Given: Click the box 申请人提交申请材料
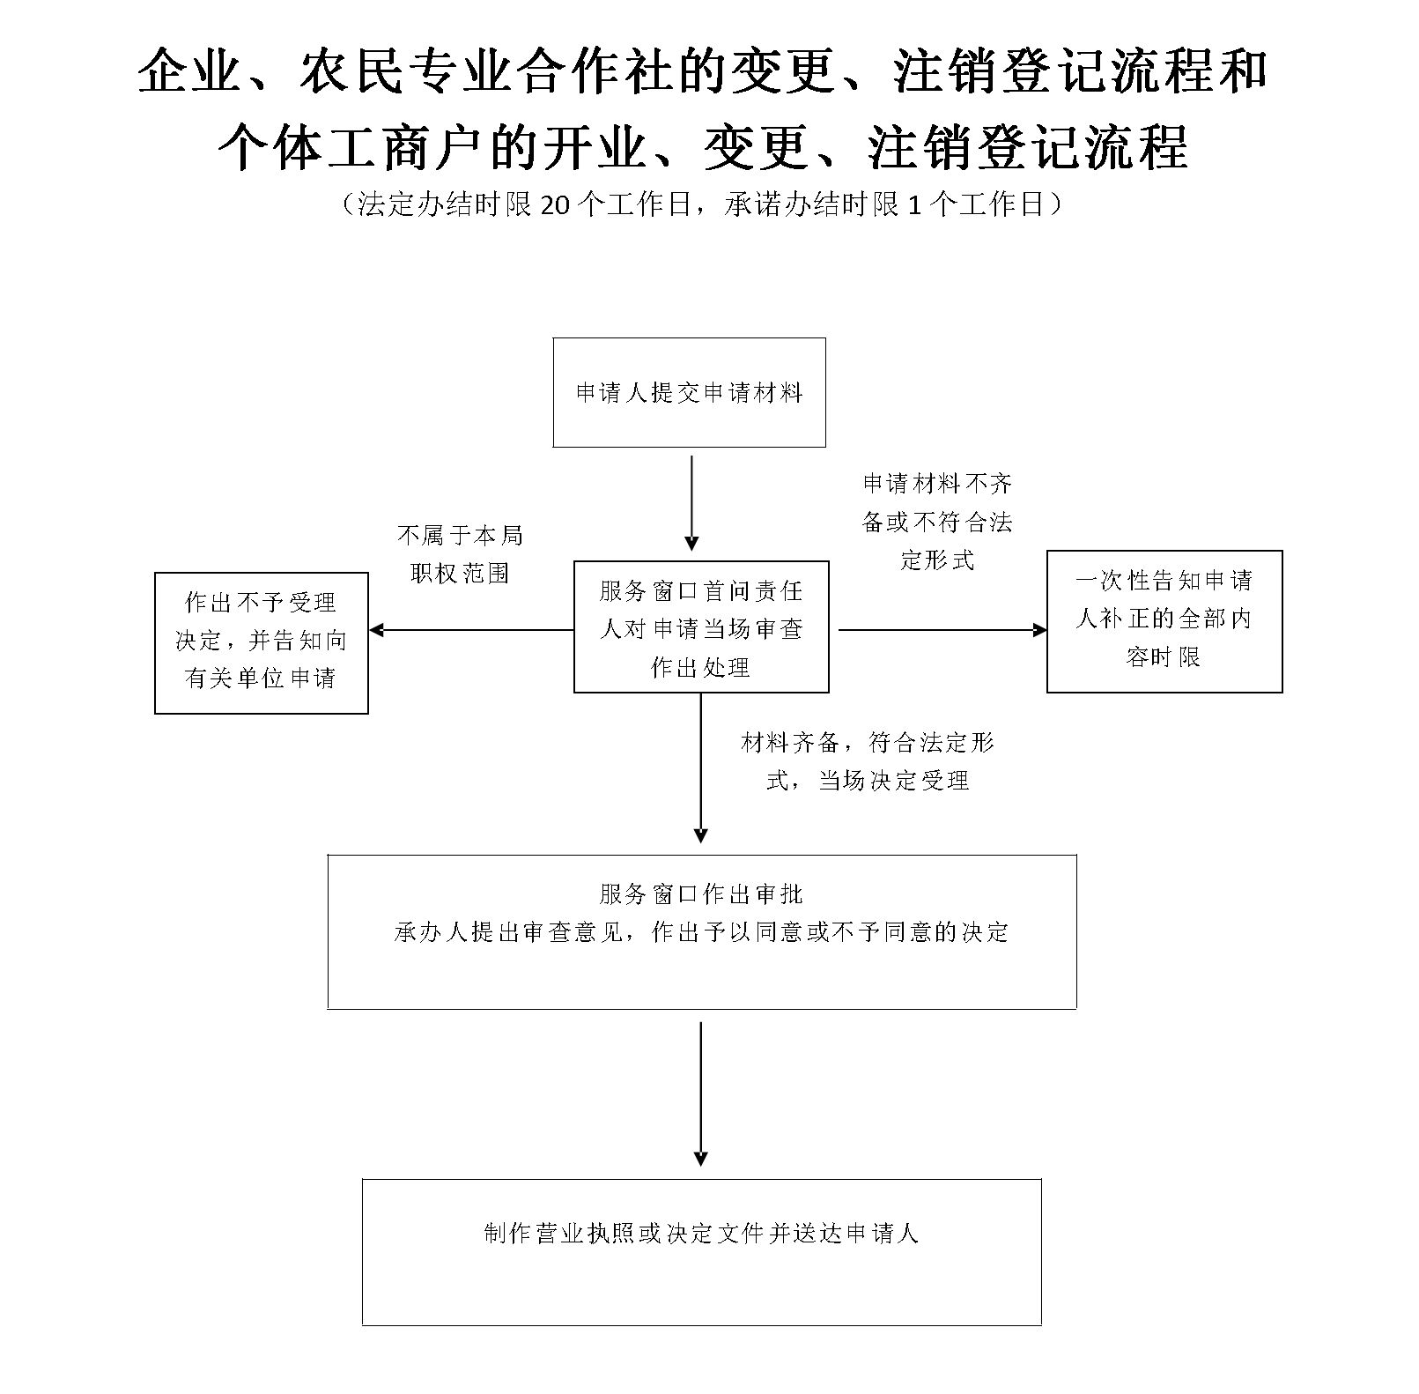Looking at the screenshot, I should tap(689, 392).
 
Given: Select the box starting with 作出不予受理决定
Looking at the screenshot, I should tap(261, 641).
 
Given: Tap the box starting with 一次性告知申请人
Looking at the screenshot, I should tap(1164, 620).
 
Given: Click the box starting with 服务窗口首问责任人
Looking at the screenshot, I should tap(701, 627).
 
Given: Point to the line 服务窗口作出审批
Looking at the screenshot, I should tap(701, 894).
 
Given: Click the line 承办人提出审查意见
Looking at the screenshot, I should tap(701, 932).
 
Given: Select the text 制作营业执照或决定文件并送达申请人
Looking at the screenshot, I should tap(701, 1233).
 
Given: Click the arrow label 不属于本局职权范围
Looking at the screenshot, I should tap(460, 554).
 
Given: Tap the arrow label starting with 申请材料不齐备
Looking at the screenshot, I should tap(937, 521).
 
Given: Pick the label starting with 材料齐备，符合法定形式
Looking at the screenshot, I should tap(868, 761).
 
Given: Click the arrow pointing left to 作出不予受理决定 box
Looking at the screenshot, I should tap(471, 630).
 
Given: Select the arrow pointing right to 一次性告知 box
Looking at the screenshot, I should tap(942, 630).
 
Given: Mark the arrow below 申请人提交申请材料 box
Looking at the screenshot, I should tap(691, 502).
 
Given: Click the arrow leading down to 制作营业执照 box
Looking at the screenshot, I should tap(701, 1093).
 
